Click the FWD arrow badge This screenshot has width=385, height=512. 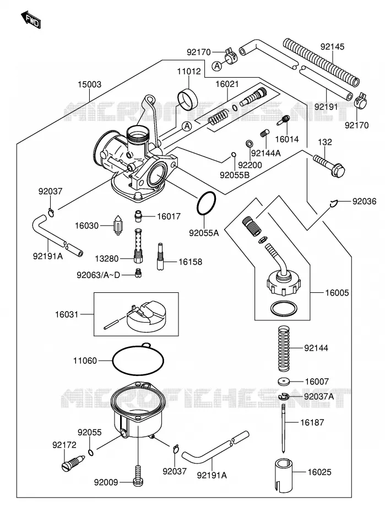[x=31, y=20]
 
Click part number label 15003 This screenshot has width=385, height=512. [x=89, y=84]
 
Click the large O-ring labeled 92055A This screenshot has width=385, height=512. [x=206, y=204]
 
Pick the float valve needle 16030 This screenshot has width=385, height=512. [x=117, y=225]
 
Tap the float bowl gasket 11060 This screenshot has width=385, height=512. [x=138, y=359]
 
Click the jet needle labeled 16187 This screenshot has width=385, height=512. [x=284, y=428]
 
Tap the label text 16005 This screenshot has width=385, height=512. [x=337, y=292]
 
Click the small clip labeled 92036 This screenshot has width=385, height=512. [x=333, y=204]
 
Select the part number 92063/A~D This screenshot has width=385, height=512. [x=98, y=275]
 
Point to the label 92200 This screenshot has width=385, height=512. [x=250, y=165]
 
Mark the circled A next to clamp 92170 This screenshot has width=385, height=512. [x=217, y=66]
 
